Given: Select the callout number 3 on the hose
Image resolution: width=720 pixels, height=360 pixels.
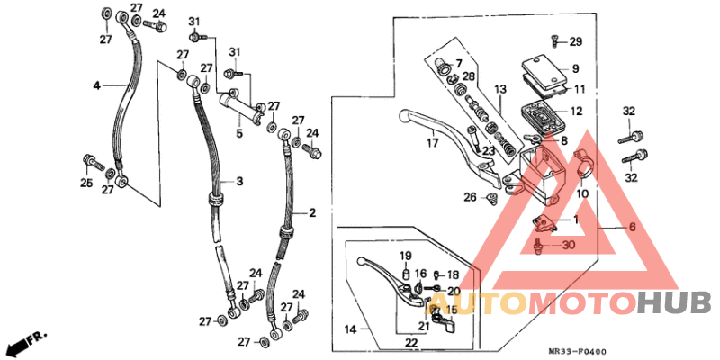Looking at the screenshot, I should click(x=240, y=182).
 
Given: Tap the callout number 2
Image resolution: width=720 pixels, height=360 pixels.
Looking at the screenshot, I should click(x=312, y=213).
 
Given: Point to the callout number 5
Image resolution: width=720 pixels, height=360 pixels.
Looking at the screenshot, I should click(x=239, y=134).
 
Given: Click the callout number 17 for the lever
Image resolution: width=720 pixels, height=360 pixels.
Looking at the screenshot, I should click(x=432, y=141).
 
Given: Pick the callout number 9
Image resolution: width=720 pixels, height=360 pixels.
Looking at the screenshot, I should click(x=574, y=68).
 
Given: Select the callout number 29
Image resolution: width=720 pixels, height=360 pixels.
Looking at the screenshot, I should click(x=575, y=41).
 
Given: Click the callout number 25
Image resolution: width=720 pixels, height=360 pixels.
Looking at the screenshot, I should click(x=86, y=184).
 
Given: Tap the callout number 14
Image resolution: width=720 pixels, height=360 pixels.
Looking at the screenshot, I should click(x=350, y=330).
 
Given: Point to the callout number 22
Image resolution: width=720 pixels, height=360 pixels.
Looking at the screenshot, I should click(x=410, y=343).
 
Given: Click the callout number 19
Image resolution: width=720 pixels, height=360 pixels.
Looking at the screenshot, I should click(x=405, y=256).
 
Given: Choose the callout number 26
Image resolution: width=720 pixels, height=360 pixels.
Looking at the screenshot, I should click(x=469, y=197).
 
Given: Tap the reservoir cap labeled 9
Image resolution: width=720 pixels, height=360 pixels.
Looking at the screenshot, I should click(x=543, y=68).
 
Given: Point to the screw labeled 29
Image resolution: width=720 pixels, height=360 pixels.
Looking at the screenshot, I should click(x=554, y=40).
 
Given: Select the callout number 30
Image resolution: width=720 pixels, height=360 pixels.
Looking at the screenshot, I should click(x=567, y=245).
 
